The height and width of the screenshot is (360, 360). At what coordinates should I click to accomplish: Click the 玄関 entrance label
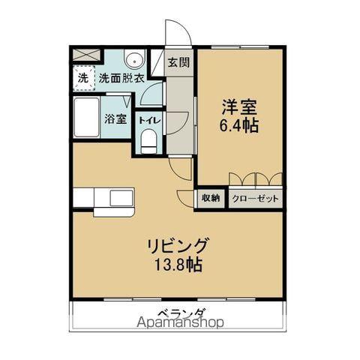tap(178, 62)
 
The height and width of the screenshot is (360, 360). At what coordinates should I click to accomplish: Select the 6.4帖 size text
tap(240, 125)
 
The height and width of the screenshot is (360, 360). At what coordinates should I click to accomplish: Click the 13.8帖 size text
tap(178, 264)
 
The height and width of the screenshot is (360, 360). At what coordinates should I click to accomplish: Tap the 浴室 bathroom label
tap(115, 118)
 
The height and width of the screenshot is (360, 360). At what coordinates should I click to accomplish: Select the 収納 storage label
tap(210, 198)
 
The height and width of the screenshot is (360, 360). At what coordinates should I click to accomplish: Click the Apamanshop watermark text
tap(180, 324)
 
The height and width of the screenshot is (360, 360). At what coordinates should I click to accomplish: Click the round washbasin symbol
tap(135, 61)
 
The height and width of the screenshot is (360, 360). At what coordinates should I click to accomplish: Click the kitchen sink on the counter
tap(121, 199)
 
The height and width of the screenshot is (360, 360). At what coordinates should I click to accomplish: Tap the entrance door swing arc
tap(177, 34)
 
